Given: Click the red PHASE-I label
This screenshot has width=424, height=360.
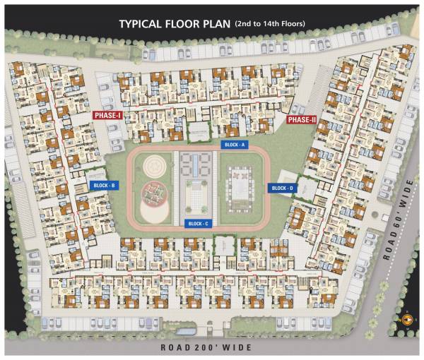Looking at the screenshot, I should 108,115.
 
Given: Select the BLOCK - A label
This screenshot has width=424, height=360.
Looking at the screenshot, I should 234,144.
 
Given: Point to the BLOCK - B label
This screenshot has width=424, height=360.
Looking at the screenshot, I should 104,186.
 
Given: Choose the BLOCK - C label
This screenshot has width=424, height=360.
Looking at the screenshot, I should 197,224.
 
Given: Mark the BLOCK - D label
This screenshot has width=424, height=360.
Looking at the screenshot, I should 282,188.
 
